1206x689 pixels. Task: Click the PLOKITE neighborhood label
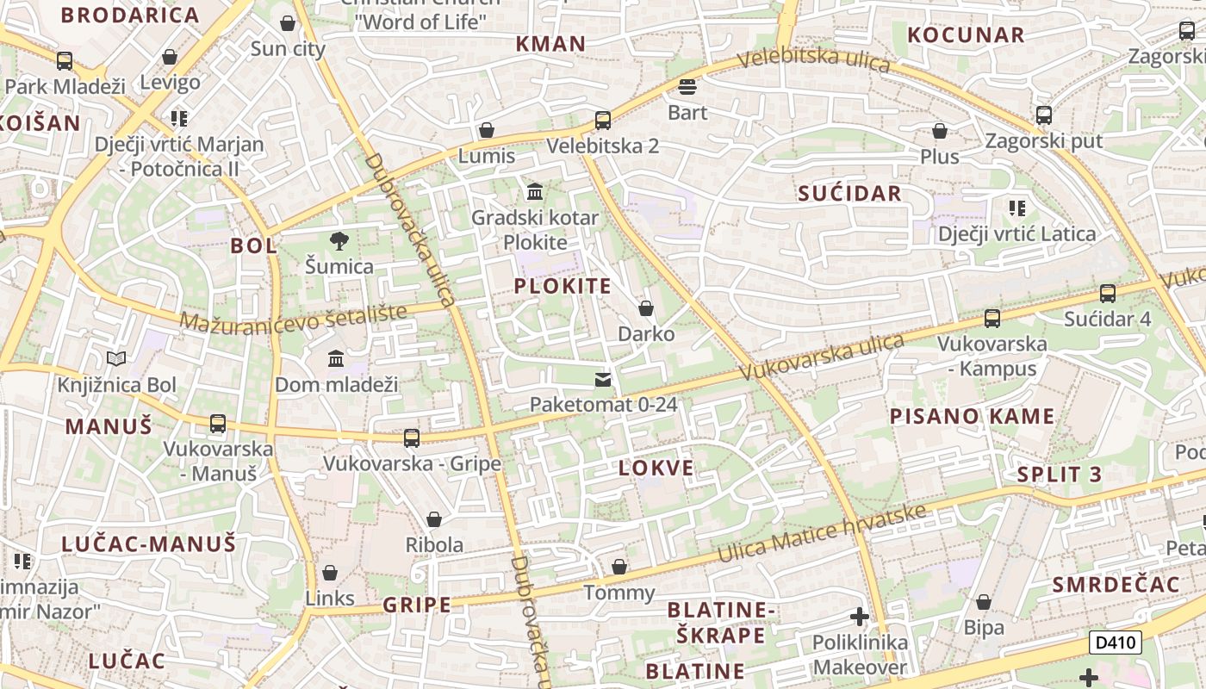(x=563, y=287)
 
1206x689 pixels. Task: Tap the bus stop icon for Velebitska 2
(x=603, y=121)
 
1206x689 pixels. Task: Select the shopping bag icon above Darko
(x=646, y=308)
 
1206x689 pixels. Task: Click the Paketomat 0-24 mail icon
(x=603, y=380)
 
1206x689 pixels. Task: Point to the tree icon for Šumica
(x=339, y=241)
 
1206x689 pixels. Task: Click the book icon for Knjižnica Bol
(x=116, y=359)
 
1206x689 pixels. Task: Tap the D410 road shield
(x=1115, y=642)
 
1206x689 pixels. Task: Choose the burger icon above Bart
(x=687, y=87)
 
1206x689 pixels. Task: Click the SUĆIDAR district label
(x=849, y=194)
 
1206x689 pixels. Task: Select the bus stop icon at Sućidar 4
(x=1108, y=294)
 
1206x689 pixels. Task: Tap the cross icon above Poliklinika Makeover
(x=859, y=617)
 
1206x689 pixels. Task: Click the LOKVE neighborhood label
(x=656, y=469)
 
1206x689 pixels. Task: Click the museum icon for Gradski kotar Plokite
(x=535, y=191)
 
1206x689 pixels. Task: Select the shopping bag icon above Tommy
(x=619, y=567)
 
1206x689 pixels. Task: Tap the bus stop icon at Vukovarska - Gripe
(x=412, y=438)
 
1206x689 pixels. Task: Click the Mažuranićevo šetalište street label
(x=293, y=318)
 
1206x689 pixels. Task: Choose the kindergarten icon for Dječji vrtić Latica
(x=1017, y=208)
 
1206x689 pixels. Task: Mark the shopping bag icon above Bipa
(x=983, y=602)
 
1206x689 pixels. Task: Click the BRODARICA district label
(x=130, y=16)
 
